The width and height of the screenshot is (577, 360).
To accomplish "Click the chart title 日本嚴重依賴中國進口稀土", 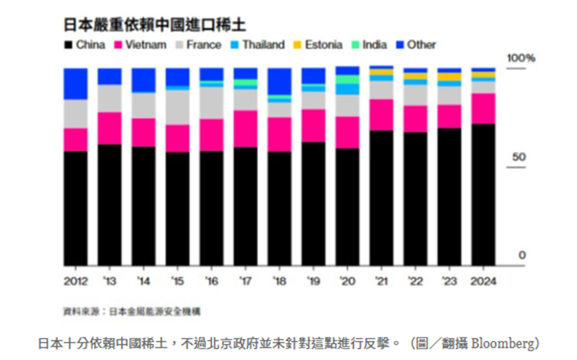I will pos(154,25).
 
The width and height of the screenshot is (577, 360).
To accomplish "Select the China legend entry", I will pos(85,45).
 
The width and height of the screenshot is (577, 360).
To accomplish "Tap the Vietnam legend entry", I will pos(141,45).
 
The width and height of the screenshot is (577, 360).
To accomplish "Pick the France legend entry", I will pos(198,45).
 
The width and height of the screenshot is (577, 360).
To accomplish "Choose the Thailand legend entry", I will pos(257,45).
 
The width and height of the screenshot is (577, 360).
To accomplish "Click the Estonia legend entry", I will pos(318,45).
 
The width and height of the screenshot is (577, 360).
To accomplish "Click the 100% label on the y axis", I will pos(521,59).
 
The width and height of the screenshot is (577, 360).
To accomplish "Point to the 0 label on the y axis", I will pos(522,255).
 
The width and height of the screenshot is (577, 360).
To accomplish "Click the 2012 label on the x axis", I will pos(75,281).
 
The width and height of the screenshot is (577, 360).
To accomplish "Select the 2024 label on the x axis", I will pos(484,281).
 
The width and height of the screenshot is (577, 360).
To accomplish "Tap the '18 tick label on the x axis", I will pos(280,281).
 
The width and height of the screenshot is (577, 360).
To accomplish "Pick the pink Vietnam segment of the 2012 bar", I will pos(75,140).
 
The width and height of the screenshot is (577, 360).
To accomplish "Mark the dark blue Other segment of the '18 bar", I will pos(279,81).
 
